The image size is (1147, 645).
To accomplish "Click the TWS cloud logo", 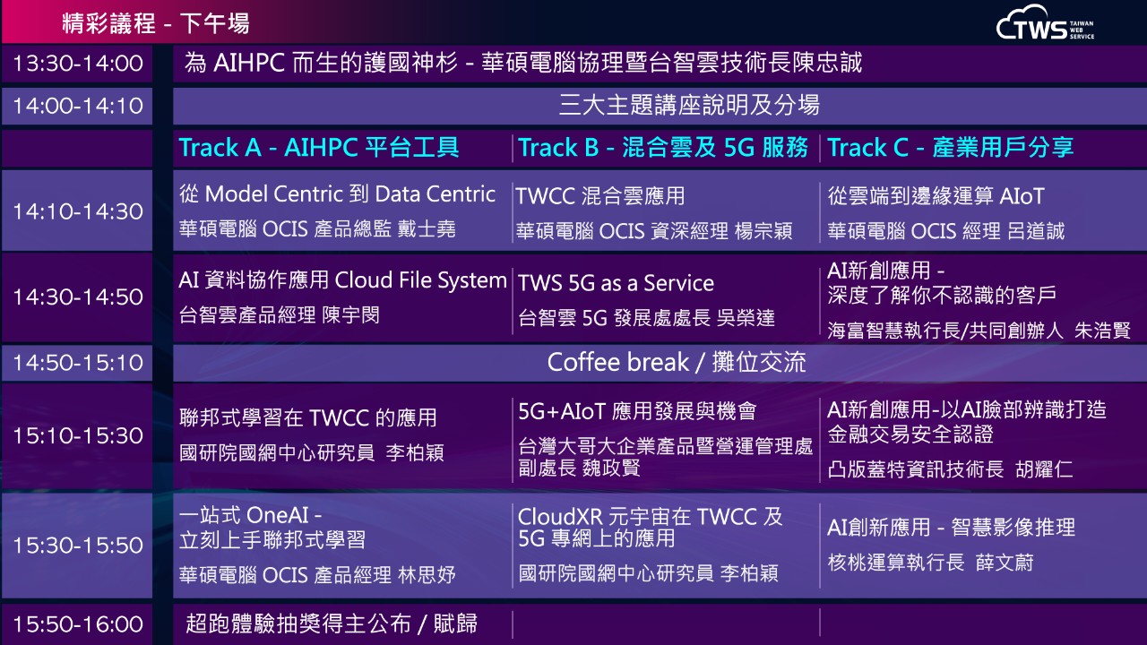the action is coord(1045,23).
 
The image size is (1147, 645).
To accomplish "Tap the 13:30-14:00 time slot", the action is coord(78,64).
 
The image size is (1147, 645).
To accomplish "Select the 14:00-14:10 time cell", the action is coord(78,106).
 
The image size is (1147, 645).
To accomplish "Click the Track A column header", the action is coord(318,148).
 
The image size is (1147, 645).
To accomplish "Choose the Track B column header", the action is coord(662,148).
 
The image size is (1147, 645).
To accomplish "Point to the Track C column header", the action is coord(950,148).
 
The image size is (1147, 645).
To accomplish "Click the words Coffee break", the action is coord(617,363).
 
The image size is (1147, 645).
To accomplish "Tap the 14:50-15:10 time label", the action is coord(78,363).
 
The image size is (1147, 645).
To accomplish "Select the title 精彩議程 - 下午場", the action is coord(156,23).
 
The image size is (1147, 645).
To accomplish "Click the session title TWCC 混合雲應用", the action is coord(600,196).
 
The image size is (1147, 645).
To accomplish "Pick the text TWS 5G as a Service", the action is coord(616,283).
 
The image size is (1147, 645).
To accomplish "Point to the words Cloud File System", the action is coord(420,280).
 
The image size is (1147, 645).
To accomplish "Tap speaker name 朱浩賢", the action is coord(1102,331).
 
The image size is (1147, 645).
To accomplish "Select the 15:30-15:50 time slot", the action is coord(78,546).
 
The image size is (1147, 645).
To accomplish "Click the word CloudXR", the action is coord(560,517).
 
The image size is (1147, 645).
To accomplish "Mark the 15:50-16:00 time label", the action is coord(78,624).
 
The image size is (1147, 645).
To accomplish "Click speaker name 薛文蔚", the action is coord(1005,563).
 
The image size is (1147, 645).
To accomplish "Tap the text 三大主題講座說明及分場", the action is coord(689,106).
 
